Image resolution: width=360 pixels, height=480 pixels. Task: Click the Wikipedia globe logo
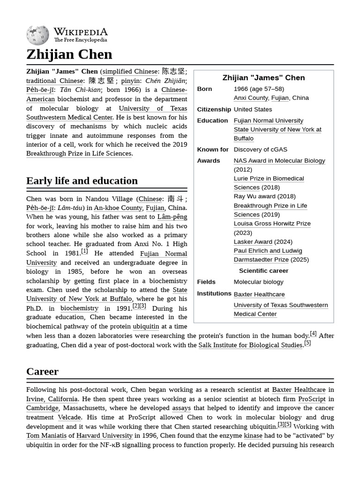point(37,36)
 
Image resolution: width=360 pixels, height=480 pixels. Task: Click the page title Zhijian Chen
point(69,54)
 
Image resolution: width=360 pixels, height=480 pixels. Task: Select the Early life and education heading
point(82,181)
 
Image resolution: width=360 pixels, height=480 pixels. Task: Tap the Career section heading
point(42,372)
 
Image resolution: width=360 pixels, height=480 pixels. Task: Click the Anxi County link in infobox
point(251,98)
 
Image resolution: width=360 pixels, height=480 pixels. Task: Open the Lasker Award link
point(253,242)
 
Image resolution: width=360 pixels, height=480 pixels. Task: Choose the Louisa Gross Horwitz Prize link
point(272,224)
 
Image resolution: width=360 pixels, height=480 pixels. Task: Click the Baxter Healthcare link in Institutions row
point(259,294)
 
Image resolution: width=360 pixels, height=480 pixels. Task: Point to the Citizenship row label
point(214,109)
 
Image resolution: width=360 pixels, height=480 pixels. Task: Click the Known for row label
point(213,150)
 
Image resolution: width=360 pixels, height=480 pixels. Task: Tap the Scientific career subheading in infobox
point(263,271)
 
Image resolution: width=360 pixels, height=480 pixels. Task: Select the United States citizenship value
point(253,109)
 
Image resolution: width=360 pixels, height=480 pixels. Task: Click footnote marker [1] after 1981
point(84,251)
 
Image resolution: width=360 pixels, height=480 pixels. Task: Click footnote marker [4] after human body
point(313,334)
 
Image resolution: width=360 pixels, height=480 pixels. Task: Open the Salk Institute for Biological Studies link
point(250,345)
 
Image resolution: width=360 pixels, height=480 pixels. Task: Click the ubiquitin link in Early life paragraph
point(146,326)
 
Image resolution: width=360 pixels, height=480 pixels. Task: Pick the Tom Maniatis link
point(46,435)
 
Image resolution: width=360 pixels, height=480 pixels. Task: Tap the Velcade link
point(69,417)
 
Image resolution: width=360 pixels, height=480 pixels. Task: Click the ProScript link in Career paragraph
point(312,399)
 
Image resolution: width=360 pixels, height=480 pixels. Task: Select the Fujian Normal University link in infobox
point(269,120)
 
